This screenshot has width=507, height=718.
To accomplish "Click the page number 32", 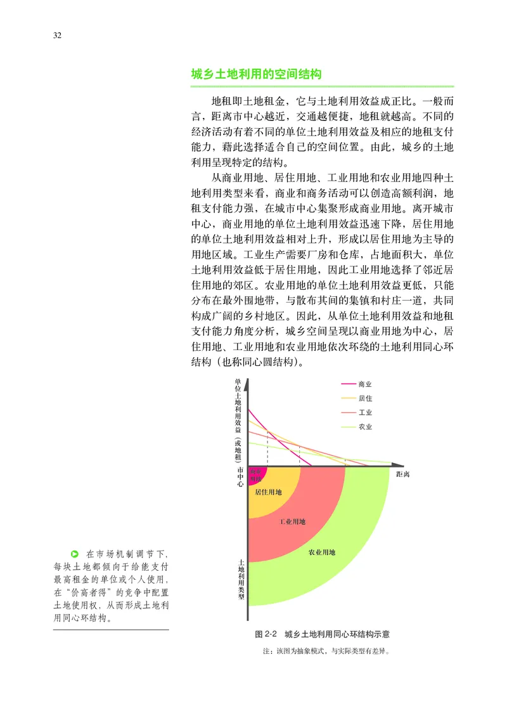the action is pos(57,35).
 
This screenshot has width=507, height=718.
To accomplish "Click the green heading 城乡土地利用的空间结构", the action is pos(257,74).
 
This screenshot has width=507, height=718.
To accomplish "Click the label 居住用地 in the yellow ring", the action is pos(268,492).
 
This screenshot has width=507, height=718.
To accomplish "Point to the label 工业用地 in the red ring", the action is pos(292,522).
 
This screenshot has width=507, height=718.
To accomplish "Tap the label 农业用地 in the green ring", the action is pos(322,552).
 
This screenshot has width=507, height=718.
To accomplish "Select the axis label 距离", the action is pos(402,474).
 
